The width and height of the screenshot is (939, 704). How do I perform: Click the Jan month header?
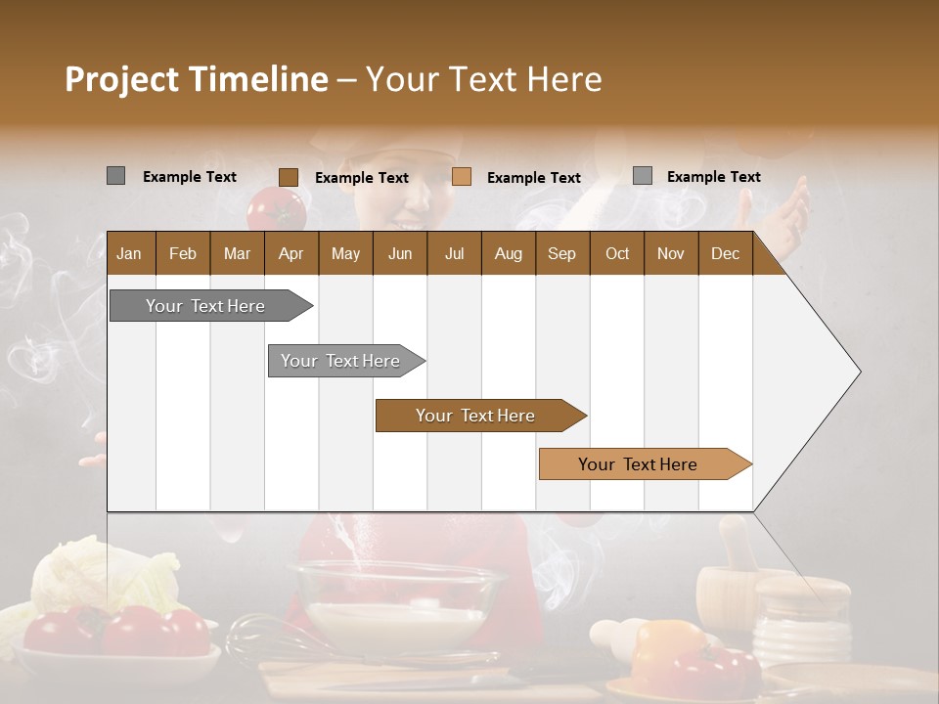coord(129,253)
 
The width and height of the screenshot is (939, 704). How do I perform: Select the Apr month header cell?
coord(291,253)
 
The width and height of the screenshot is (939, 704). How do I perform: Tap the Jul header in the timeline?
coord(454,253)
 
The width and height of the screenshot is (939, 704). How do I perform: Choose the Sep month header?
coord(561,253)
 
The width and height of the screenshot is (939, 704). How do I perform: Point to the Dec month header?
coord(725,253)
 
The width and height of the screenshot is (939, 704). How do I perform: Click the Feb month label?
coord(183,253)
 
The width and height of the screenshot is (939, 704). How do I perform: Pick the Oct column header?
coord(617,253)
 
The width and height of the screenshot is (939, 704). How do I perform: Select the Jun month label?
coord(400,253)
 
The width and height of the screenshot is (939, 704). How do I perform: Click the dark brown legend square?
coord(289,177)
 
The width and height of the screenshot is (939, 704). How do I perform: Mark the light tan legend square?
coord(462,177)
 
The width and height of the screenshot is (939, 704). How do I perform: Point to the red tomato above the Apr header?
coord(277,207)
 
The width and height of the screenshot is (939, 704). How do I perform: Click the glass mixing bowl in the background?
coord(401,601)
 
